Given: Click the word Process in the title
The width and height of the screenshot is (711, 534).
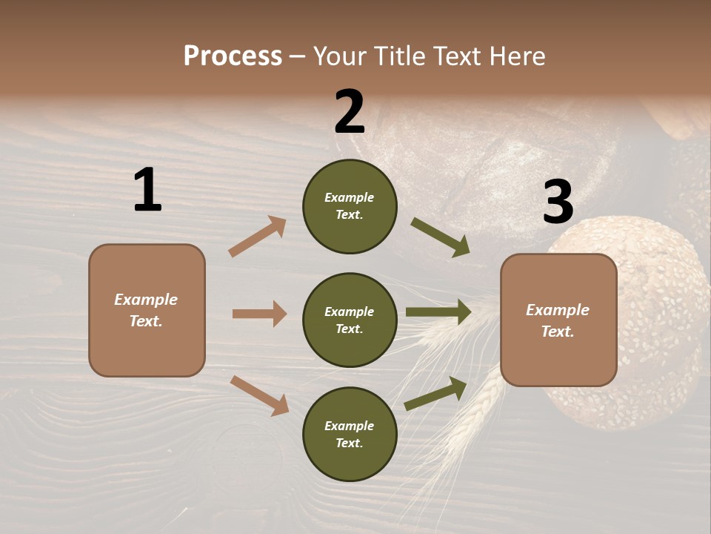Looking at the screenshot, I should click(233, 56).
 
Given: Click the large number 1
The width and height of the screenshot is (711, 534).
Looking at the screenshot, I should click(147, 190).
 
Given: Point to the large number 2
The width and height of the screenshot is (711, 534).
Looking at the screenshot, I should click(350, 111).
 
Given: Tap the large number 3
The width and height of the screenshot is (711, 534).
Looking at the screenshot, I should click(558, 202).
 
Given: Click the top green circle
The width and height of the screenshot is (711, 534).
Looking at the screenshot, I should click(350, 206).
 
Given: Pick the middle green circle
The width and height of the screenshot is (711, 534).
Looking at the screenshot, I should click(350, 320).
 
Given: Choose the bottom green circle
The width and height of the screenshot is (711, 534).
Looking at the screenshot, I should click(350, 434).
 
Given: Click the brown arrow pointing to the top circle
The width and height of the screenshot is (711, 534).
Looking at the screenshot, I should click(258, 237).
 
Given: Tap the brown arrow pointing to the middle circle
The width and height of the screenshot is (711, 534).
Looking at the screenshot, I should click(259, 314).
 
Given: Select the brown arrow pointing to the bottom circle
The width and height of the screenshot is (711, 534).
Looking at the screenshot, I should click(259, 395).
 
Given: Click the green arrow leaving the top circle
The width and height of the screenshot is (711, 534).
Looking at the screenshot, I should click(440, 237).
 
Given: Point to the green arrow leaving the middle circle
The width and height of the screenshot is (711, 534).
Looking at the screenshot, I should click(438, 312).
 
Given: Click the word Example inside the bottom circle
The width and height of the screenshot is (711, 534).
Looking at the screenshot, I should click(350, 426).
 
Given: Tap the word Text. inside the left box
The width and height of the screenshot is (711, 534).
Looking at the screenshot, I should click(146, 321).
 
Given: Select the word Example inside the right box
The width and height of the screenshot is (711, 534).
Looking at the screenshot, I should click(558, 310).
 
